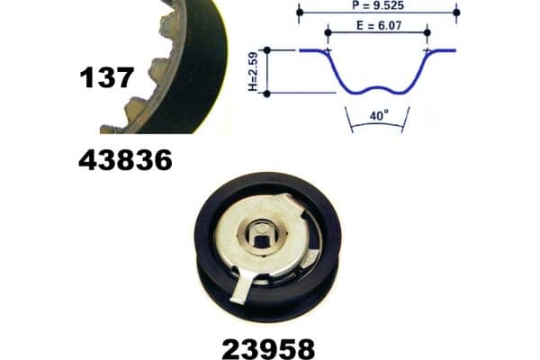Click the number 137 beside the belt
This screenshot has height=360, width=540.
107,77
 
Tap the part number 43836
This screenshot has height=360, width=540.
125,160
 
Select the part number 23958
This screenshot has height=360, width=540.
268,349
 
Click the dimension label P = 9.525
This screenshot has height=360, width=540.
378,5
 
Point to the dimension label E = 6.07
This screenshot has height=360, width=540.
379,25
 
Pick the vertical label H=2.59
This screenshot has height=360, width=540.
253,72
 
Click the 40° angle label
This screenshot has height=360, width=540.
379,115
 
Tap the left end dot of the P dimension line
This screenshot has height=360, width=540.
300,13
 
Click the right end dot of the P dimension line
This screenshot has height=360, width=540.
456,13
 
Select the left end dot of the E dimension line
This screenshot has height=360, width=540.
328,32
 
